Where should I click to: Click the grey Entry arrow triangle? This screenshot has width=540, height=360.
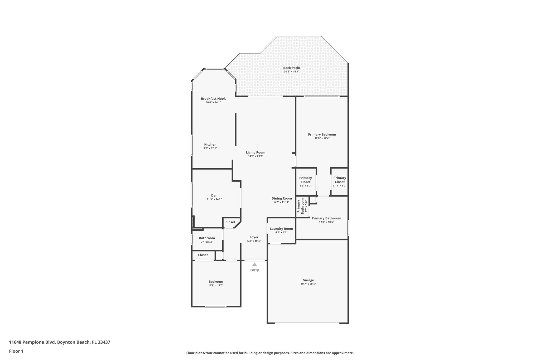[x=254, y=265]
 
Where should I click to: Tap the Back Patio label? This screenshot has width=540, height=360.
[x=291, y=68]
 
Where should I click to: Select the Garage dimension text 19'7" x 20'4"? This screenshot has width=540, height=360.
[x=308, y=284]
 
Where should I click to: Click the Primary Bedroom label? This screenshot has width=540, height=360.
[x=322, y=135]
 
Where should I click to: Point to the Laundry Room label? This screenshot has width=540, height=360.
[x=281, y=229]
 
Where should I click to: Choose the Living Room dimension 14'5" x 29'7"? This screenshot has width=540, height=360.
[x=255, y=156]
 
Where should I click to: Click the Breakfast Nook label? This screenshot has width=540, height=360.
[x=213, y=99]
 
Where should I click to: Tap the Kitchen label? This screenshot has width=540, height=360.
[x=210, y=145]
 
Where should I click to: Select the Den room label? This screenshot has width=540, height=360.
[x=214, y=195]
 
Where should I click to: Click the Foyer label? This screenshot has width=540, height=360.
[x=254, y=237]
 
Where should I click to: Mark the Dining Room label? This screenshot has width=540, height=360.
[x=282, y=198]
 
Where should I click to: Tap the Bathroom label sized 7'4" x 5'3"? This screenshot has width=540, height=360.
[x=207, y=238]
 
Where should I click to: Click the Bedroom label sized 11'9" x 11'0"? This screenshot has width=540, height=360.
[x=216, y=282]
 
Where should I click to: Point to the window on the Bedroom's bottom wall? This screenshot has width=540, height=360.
[x=215, y=306]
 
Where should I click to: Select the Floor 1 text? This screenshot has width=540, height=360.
[x=16, y=351]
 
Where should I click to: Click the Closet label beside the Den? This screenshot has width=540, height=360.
[x=230, y=222]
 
